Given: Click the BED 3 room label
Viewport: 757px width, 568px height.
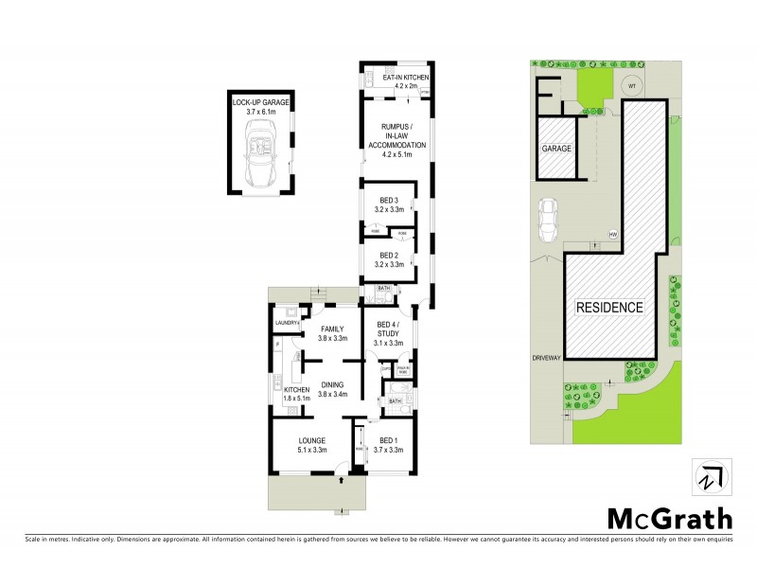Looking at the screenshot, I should (392, 204).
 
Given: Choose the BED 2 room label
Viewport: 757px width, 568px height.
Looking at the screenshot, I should (392, 259).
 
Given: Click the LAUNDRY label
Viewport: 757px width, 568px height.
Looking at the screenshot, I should (287, 324).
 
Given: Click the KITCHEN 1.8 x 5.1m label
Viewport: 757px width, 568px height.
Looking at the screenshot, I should (297, 394).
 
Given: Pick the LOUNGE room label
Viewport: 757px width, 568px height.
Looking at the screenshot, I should (312, 444).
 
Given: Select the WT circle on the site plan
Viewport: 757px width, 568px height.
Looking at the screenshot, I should (630, 87).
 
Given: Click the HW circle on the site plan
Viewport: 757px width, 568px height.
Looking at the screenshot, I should (613, 234).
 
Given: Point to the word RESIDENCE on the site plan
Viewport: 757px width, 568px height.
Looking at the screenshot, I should (610, 308).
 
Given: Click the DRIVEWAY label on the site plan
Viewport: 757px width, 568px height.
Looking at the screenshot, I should (547, 358).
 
